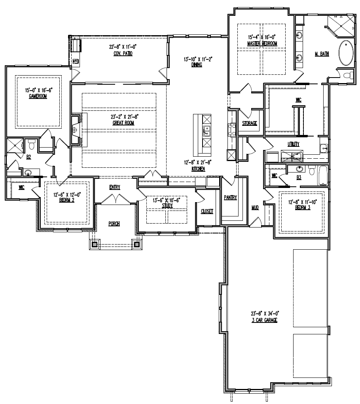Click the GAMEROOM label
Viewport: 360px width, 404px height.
pyautogui.click(x=38, y=97)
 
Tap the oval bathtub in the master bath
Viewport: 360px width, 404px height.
pyautogui.click(x=346, y=53)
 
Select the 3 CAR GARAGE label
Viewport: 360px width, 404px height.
pyautogui.click(x=265, y=320)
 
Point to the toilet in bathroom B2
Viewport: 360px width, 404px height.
pyautogui.click(x=32, y=144)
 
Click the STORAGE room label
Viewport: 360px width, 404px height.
pyautogui.click(x=250, y=123)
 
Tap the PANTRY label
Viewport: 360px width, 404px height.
pyautogui.click(x=230, y=197)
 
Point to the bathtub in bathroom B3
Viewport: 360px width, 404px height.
pyautogui.click(x=323, y=175)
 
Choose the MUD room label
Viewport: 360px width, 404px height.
pyautogui.click(x=255, y=208)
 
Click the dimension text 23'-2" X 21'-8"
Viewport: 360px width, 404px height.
pyautogui.click(x=123, y=117)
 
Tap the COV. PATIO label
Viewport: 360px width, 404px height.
pyautogui.click(x=123, y=53)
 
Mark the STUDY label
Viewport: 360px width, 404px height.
pyautogui.click(x=167, y=206)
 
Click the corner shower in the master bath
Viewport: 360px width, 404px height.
pyautogui.click(x=341, y=25)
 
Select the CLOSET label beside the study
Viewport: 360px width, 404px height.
pyautogui.click(x=207, y=211)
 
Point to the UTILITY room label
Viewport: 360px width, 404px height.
pyautogui.click(x=293, y=144)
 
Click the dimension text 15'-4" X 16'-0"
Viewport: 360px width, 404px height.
pyautogui.click(x=262, y=37)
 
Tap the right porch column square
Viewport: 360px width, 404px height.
pyautogui.click(x=137, y=244)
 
